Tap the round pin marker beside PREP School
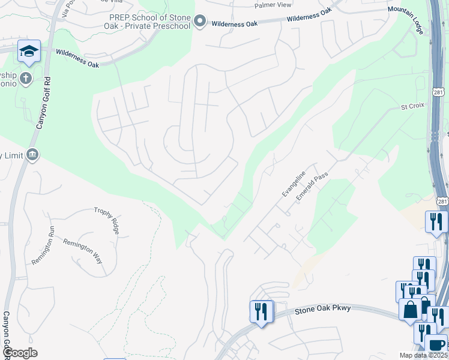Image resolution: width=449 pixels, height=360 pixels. [200, 23]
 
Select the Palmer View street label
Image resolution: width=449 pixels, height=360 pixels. [273, 5]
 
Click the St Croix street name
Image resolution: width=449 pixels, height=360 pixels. [412, 106]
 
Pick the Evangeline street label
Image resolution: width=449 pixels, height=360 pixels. [294, 184]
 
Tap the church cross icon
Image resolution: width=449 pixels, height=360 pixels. [25, 78]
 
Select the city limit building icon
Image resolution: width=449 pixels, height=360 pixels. [33, 155]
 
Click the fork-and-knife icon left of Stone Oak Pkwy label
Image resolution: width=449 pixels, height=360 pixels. [261, 311]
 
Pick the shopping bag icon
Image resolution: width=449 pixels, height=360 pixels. [411, 310]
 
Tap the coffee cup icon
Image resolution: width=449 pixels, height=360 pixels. [436, 345]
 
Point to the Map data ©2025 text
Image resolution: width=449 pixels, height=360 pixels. [423, 355]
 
